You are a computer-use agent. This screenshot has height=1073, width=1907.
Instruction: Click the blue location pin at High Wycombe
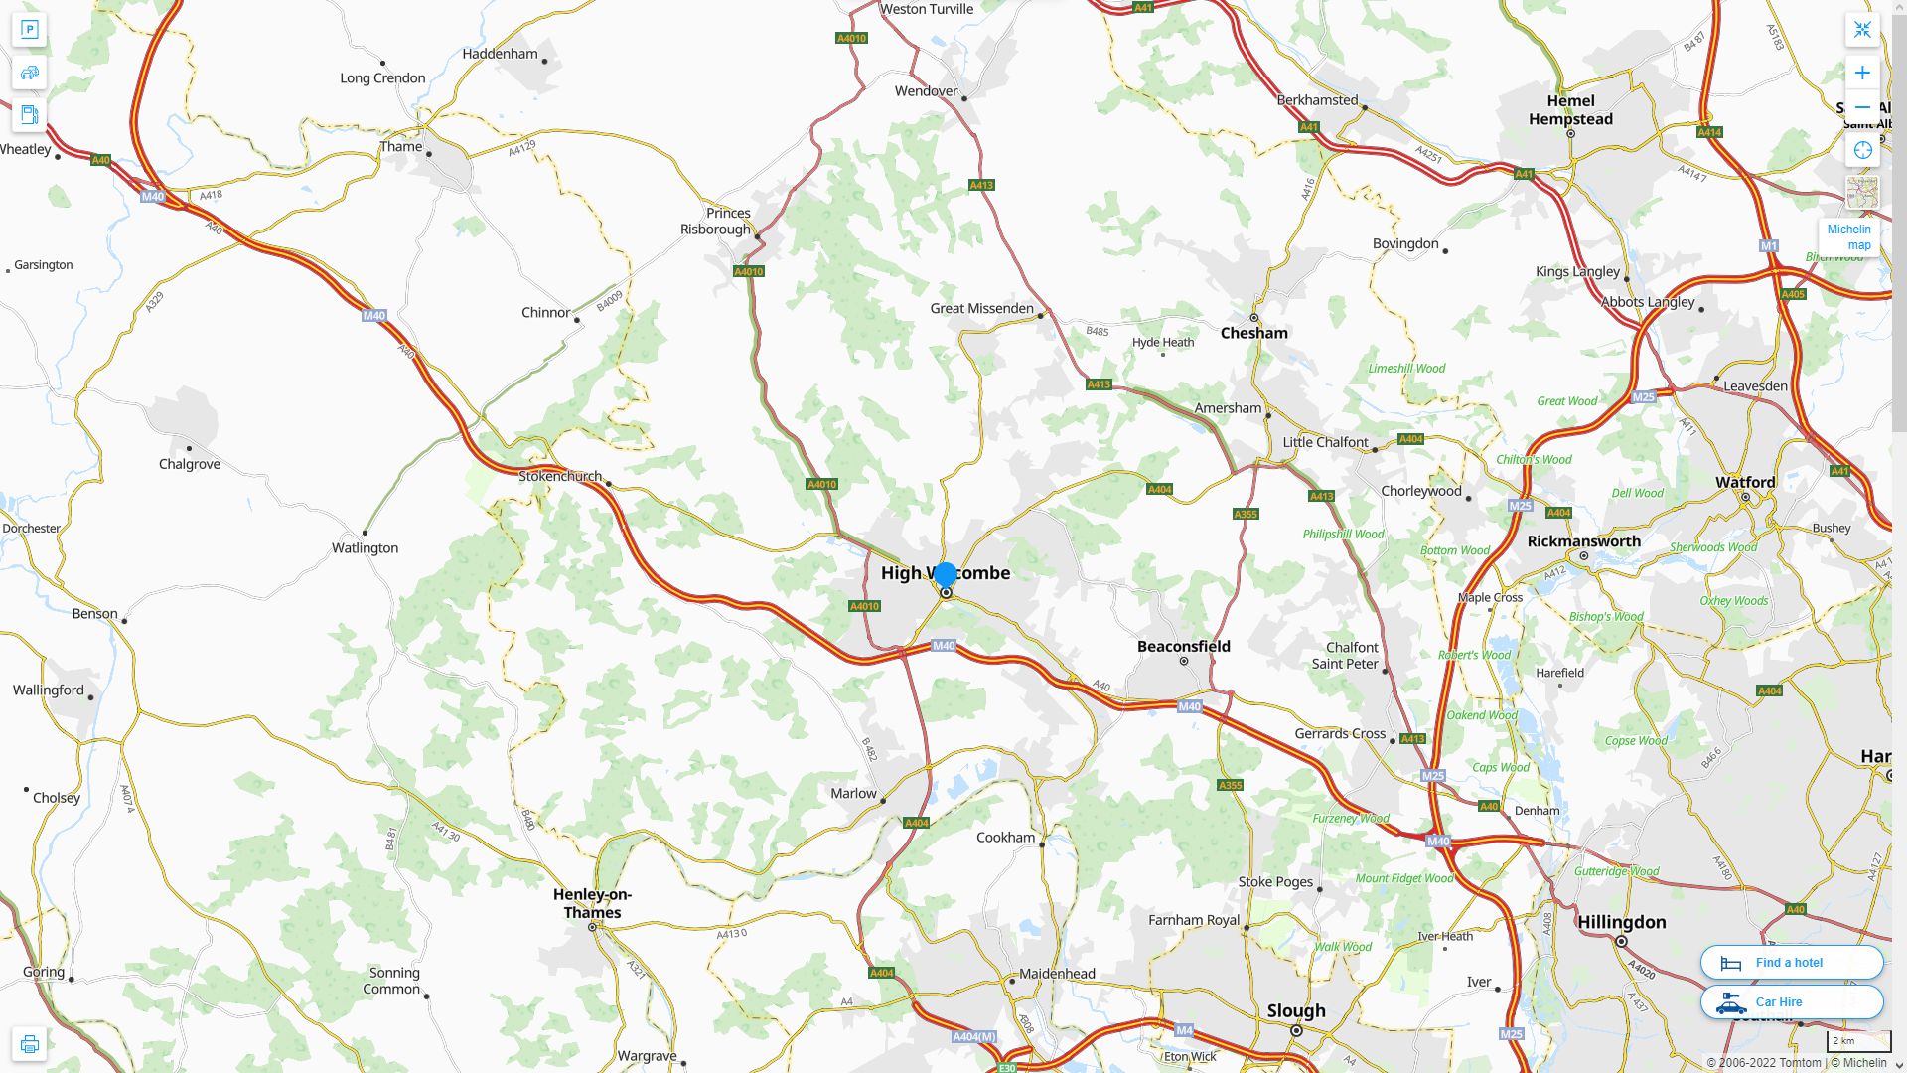tap(946, 575)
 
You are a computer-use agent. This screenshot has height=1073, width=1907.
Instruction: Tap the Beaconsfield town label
tap(1183, 647)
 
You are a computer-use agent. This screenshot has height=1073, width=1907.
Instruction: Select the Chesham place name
tap(1253, 333)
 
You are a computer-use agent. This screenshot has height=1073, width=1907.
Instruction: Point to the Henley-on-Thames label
tap(592, 903)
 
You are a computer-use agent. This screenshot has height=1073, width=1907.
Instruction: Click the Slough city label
tap(1295, 1011)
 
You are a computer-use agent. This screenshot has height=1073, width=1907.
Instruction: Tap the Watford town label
tap(1744, 483)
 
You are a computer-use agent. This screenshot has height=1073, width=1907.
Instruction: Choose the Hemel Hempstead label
tap(1570, 110)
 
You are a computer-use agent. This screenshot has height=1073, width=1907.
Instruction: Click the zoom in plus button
tap(1862, 73)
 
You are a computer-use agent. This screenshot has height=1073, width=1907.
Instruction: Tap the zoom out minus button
tap(1862, 107)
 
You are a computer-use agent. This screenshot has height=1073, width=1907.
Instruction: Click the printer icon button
tap(29, 1044)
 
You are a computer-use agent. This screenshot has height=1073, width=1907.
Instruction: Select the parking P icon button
tap(29, 30)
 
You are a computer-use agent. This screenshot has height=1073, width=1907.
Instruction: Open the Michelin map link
tap(1848, 237)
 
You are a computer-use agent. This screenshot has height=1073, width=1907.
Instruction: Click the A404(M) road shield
tap(973, 1037)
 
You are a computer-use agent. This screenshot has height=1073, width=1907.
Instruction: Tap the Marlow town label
tap(853, 794)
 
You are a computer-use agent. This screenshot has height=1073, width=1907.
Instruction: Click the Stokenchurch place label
tap(560, 477)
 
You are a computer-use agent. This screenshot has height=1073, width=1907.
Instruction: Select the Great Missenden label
tap(981, 309)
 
